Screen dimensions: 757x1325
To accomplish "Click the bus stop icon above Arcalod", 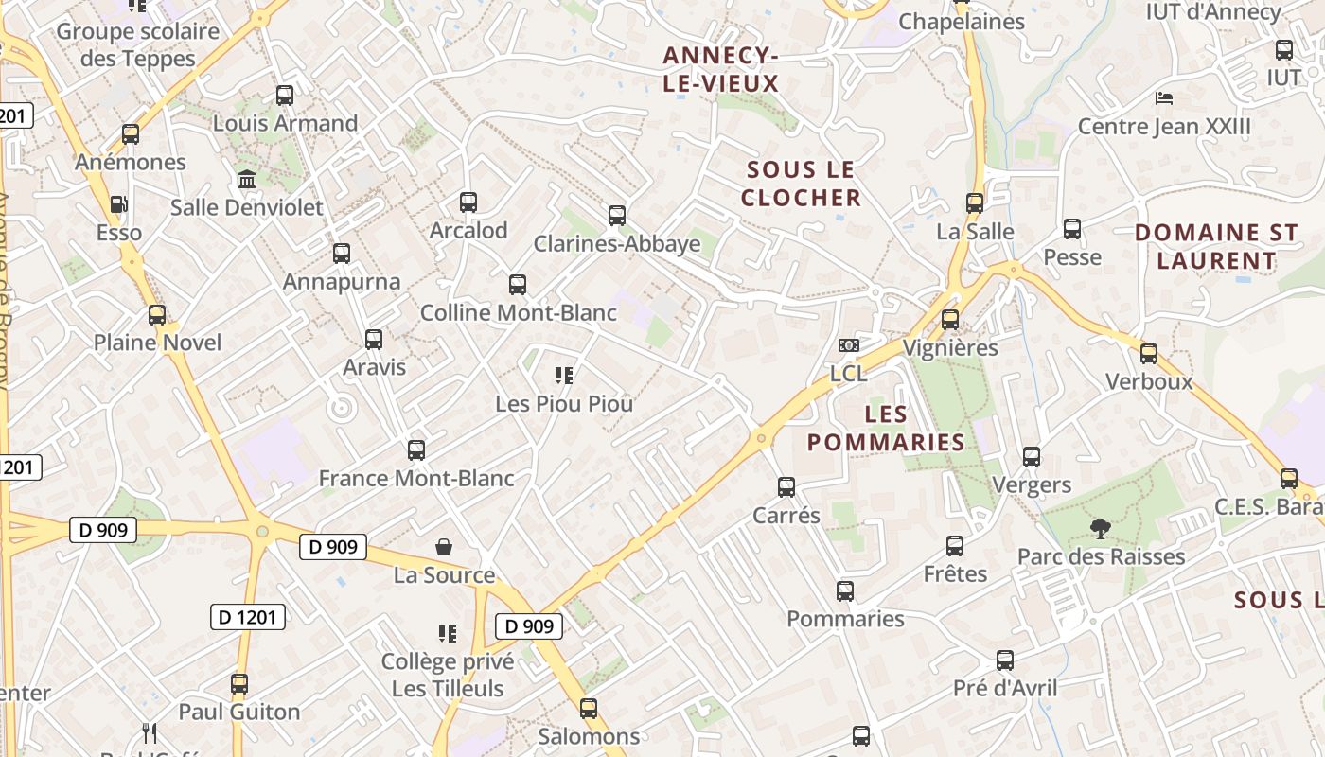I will (468, 202).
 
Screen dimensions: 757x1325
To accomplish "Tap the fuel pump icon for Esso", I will (118, 204).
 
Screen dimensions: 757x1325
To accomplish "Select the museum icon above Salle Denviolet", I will (247, 179).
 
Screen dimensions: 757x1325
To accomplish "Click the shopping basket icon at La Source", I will (444, 547).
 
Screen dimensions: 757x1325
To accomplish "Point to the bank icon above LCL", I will (849, 345).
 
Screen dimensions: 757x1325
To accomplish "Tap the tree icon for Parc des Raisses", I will (1100, 528).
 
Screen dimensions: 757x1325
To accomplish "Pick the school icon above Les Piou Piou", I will (564, 376).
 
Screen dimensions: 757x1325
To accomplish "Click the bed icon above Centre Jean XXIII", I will (1164, 98).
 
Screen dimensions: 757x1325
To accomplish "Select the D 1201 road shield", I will (247, 618).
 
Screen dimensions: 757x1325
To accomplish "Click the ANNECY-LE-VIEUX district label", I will (720, 70).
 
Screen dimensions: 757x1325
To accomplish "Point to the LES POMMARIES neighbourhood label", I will (886, 428).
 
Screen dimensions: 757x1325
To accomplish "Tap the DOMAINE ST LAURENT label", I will (1216, 246).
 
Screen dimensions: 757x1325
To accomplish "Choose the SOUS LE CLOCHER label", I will (801, 184).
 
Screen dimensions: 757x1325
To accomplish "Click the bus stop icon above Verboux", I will (1149, 354).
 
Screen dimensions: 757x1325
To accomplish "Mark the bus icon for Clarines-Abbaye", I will (617, 216).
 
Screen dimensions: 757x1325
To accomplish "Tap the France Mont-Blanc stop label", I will (416, 479).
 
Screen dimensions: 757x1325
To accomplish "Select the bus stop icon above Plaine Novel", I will (157, 315).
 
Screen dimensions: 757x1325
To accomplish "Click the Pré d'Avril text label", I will (1005, 688).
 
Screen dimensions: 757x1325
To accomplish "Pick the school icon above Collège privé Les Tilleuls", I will (448, 633).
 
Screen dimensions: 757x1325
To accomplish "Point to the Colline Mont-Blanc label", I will (518, 312).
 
